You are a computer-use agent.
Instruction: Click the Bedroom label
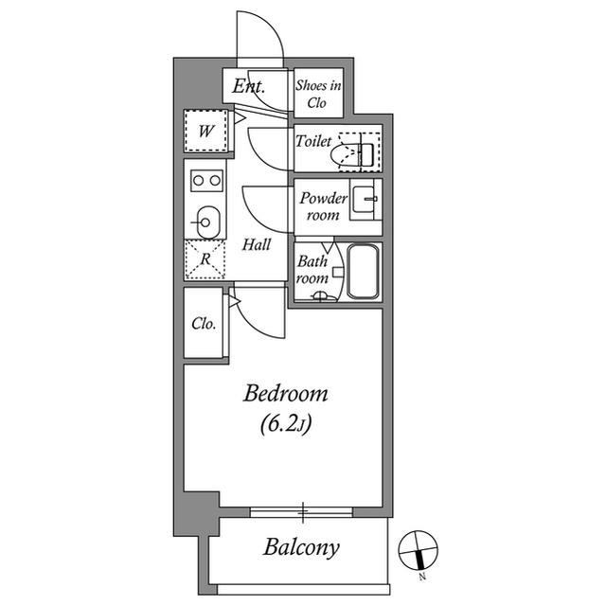(x=286, y=394)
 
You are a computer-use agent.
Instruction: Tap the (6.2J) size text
(x=286, y=424)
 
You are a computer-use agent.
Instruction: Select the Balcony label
(x=301, y=548)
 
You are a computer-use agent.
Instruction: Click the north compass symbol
(x=419, y=550)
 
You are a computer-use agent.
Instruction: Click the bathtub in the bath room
(x=363, y=271)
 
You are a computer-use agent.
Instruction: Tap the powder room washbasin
(x=365, y=200)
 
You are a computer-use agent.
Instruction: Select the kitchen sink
(x=208, y=222)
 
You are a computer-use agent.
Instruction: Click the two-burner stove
(x=206, y=181)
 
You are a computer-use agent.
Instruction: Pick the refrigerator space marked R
(x=205, y=259)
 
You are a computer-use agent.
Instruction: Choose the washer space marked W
(x=205, y=131)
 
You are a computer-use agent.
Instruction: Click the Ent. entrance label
(x=248, y=86)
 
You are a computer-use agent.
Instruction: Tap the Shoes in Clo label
(x=318, y=94)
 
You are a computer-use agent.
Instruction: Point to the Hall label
(x=257, y=244)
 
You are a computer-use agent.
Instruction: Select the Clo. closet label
(x=204, y=324)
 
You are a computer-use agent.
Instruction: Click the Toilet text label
(x=313, y=141)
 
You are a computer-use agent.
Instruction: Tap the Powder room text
(x=324, y=206)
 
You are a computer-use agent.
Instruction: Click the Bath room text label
(x=312, y=270)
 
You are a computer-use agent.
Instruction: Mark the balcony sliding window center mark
(x=303, y=512)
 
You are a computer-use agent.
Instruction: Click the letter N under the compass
(x=422, y=578)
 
